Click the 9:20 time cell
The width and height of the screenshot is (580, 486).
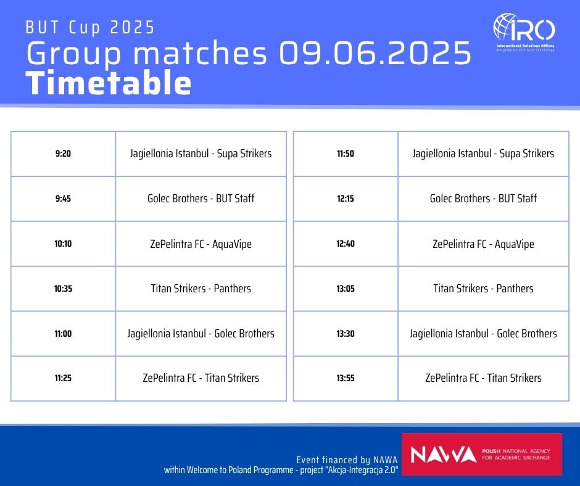(63, 154)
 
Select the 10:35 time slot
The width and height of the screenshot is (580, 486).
(63, 289)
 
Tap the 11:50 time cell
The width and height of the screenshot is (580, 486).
(346, 154)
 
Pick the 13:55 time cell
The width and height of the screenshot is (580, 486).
(346, 378)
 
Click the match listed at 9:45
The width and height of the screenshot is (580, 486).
(201, 199)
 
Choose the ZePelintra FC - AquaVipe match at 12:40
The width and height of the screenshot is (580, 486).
(483, 244)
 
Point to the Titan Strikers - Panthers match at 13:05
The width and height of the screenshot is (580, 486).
(483, 289)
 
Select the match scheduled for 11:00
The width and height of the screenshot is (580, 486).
(201, 334)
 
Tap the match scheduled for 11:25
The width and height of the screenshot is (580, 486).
(201, 378)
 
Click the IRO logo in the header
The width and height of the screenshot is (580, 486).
(524, 32)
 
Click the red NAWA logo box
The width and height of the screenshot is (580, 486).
(482, 454)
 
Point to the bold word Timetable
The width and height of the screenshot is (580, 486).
(109, 83)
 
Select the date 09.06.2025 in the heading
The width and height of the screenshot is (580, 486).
(375, 52)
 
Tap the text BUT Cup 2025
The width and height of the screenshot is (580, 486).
(90, 28)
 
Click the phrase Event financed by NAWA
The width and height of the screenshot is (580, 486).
(347, 459)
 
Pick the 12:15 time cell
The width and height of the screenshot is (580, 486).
(346, 199)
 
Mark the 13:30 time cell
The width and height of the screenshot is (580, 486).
(346, 334)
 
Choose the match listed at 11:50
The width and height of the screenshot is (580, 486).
(483, 154)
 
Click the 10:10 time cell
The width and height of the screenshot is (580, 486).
(63, 244)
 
